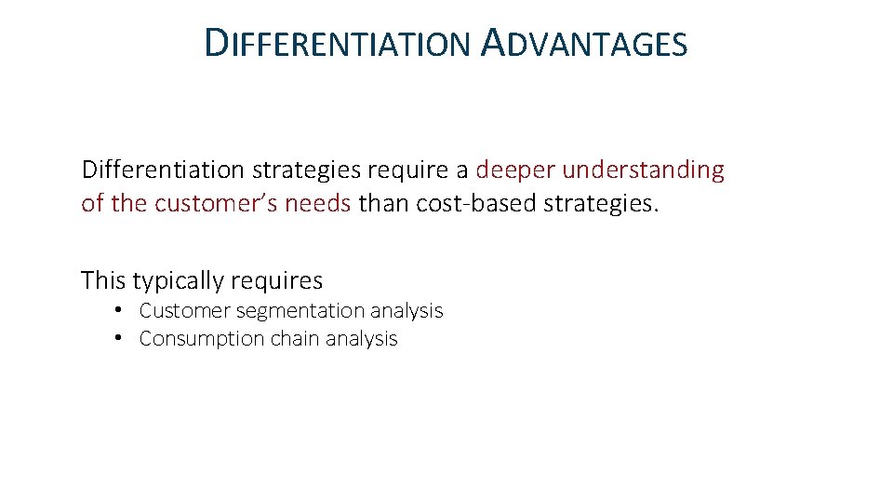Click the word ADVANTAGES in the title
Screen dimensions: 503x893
tap(585, 44)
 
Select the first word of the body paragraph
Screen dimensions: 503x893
tap(164, 170)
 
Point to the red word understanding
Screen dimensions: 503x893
tap(643, 170)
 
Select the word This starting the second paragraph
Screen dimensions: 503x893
tap(103, 279)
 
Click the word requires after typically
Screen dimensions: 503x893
tap(277, 280)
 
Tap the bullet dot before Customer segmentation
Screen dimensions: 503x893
tap(121, 310)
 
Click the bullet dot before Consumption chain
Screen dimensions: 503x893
tap(121, 338)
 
